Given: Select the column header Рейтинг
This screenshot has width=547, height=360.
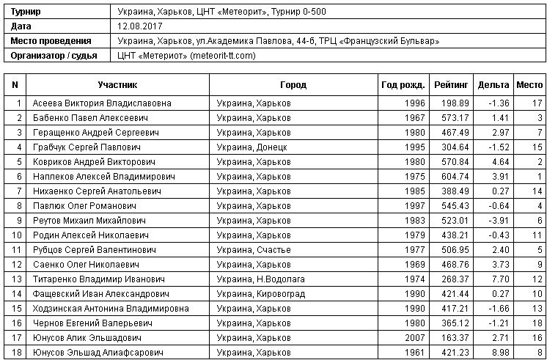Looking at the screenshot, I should tap(447, 84).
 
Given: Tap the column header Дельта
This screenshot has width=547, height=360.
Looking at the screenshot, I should tap(493, 84).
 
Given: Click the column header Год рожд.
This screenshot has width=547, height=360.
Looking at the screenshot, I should tap(403, 84).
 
